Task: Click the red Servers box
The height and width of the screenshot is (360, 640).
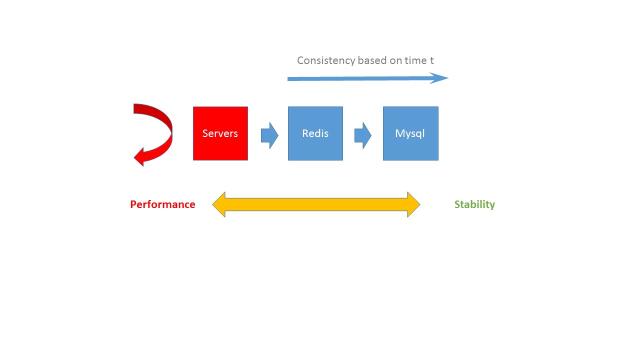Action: click(x=220, y=133)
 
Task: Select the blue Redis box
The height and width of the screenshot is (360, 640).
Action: click(x=315, y=133)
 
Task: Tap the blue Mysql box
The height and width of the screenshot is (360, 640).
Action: click(x=410, y=133)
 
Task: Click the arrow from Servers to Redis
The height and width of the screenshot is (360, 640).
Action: click(x=269, y=135)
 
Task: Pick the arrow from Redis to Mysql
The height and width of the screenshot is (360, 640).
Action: click(x=363, y=135)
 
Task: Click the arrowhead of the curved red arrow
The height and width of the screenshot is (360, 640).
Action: click(x=139, y=157)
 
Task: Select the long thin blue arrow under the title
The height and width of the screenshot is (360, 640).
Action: click(x=367, y=78)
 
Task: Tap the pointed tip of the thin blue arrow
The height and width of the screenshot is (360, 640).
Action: click(x=448, y=77)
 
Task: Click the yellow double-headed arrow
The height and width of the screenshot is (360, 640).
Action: click(x=316, y=204)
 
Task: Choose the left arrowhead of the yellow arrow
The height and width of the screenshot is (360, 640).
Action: click(x=219, y=204)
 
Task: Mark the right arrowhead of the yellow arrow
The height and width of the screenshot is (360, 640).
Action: click(x=413, y=204)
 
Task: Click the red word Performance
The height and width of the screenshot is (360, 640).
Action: click(x=162, y=204)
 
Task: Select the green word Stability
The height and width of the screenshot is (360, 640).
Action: click(x=474, y=204)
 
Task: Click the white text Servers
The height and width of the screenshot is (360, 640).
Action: click(x=220, y=133)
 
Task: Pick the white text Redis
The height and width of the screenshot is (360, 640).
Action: click(x=315, y=133)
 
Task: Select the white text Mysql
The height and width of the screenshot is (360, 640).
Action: click(x=410, y=134)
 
